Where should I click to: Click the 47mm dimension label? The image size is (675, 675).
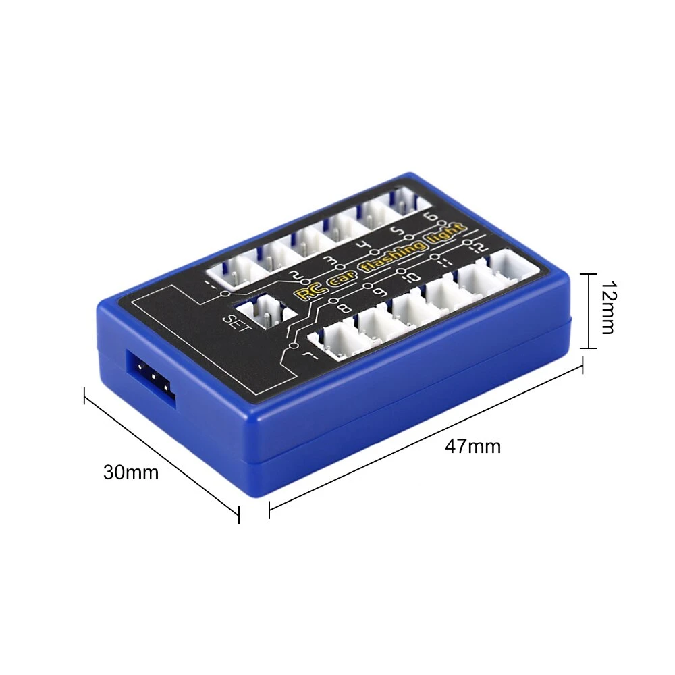(473, 446)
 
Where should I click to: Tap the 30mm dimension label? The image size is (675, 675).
(131, 473)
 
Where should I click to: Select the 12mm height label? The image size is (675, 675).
(608, 307)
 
